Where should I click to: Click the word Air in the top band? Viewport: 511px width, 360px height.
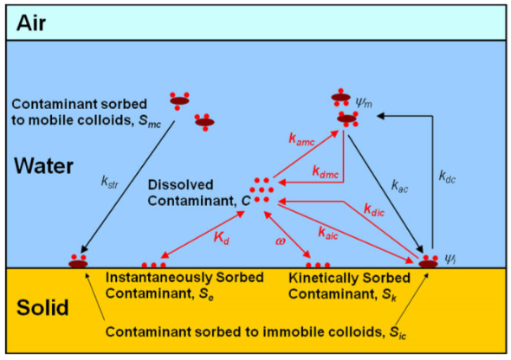31,23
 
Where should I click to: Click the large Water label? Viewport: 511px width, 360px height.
43,166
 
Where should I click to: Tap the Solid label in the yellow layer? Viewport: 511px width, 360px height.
42,307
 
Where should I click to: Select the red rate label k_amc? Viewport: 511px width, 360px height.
301,139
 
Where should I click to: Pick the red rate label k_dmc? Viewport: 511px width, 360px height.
326,171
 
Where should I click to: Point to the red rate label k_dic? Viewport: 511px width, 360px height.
374,210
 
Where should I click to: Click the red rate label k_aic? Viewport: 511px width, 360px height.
328,233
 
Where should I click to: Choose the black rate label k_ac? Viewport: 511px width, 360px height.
399,187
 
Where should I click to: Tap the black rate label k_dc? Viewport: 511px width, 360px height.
447,177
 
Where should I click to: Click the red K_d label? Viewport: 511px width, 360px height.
222,237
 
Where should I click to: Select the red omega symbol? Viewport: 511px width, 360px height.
281,241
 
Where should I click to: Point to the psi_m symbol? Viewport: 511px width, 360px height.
364,103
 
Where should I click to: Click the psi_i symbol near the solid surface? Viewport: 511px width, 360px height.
450,259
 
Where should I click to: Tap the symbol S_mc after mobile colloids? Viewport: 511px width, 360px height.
150,121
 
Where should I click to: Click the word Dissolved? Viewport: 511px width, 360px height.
180,185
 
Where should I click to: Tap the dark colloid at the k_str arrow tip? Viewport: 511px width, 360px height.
78,263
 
